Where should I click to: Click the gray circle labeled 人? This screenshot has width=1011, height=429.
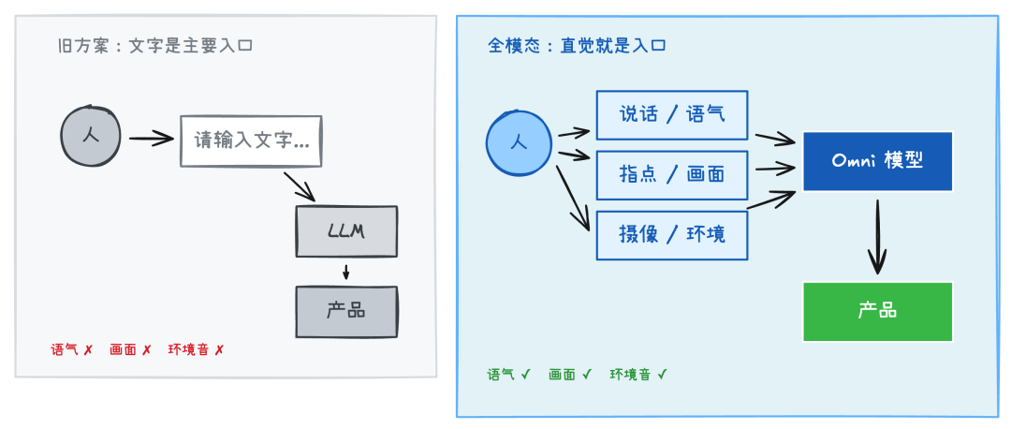point(90,136)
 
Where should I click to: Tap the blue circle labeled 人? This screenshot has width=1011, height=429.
point(520,143)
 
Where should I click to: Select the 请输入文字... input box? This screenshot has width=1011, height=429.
point(251,141)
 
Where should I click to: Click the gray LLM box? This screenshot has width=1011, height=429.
point(346,230)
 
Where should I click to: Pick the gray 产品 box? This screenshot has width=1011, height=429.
point(346,311)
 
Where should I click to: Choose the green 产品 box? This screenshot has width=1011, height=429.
point(877,311)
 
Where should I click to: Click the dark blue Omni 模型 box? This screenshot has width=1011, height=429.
point(877,161)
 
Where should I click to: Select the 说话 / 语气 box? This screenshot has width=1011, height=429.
point(672,114)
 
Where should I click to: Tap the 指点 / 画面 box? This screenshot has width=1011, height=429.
point(672,174)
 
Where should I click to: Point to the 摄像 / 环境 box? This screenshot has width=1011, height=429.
point(672,234)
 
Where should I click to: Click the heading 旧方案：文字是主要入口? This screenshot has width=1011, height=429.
point(154,45)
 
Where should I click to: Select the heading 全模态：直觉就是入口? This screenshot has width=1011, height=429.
point(577,45)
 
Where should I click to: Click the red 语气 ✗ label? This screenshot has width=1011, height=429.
point(72,350)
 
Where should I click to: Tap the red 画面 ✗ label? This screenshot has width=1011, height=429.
point(130,350)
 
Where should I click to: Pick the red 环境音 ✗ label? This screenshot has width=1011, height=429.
point(196,350)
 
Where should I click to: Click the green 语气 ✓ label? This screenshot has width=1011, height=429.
point(508,375)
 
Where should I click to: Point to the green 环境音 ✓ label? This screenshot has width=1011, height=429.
point(638,375)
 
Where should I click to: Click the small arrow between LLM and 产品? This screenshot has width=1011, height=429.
point(346,272)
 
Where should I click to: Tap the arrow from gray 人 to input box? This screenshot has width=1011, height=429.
point(152,140)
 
